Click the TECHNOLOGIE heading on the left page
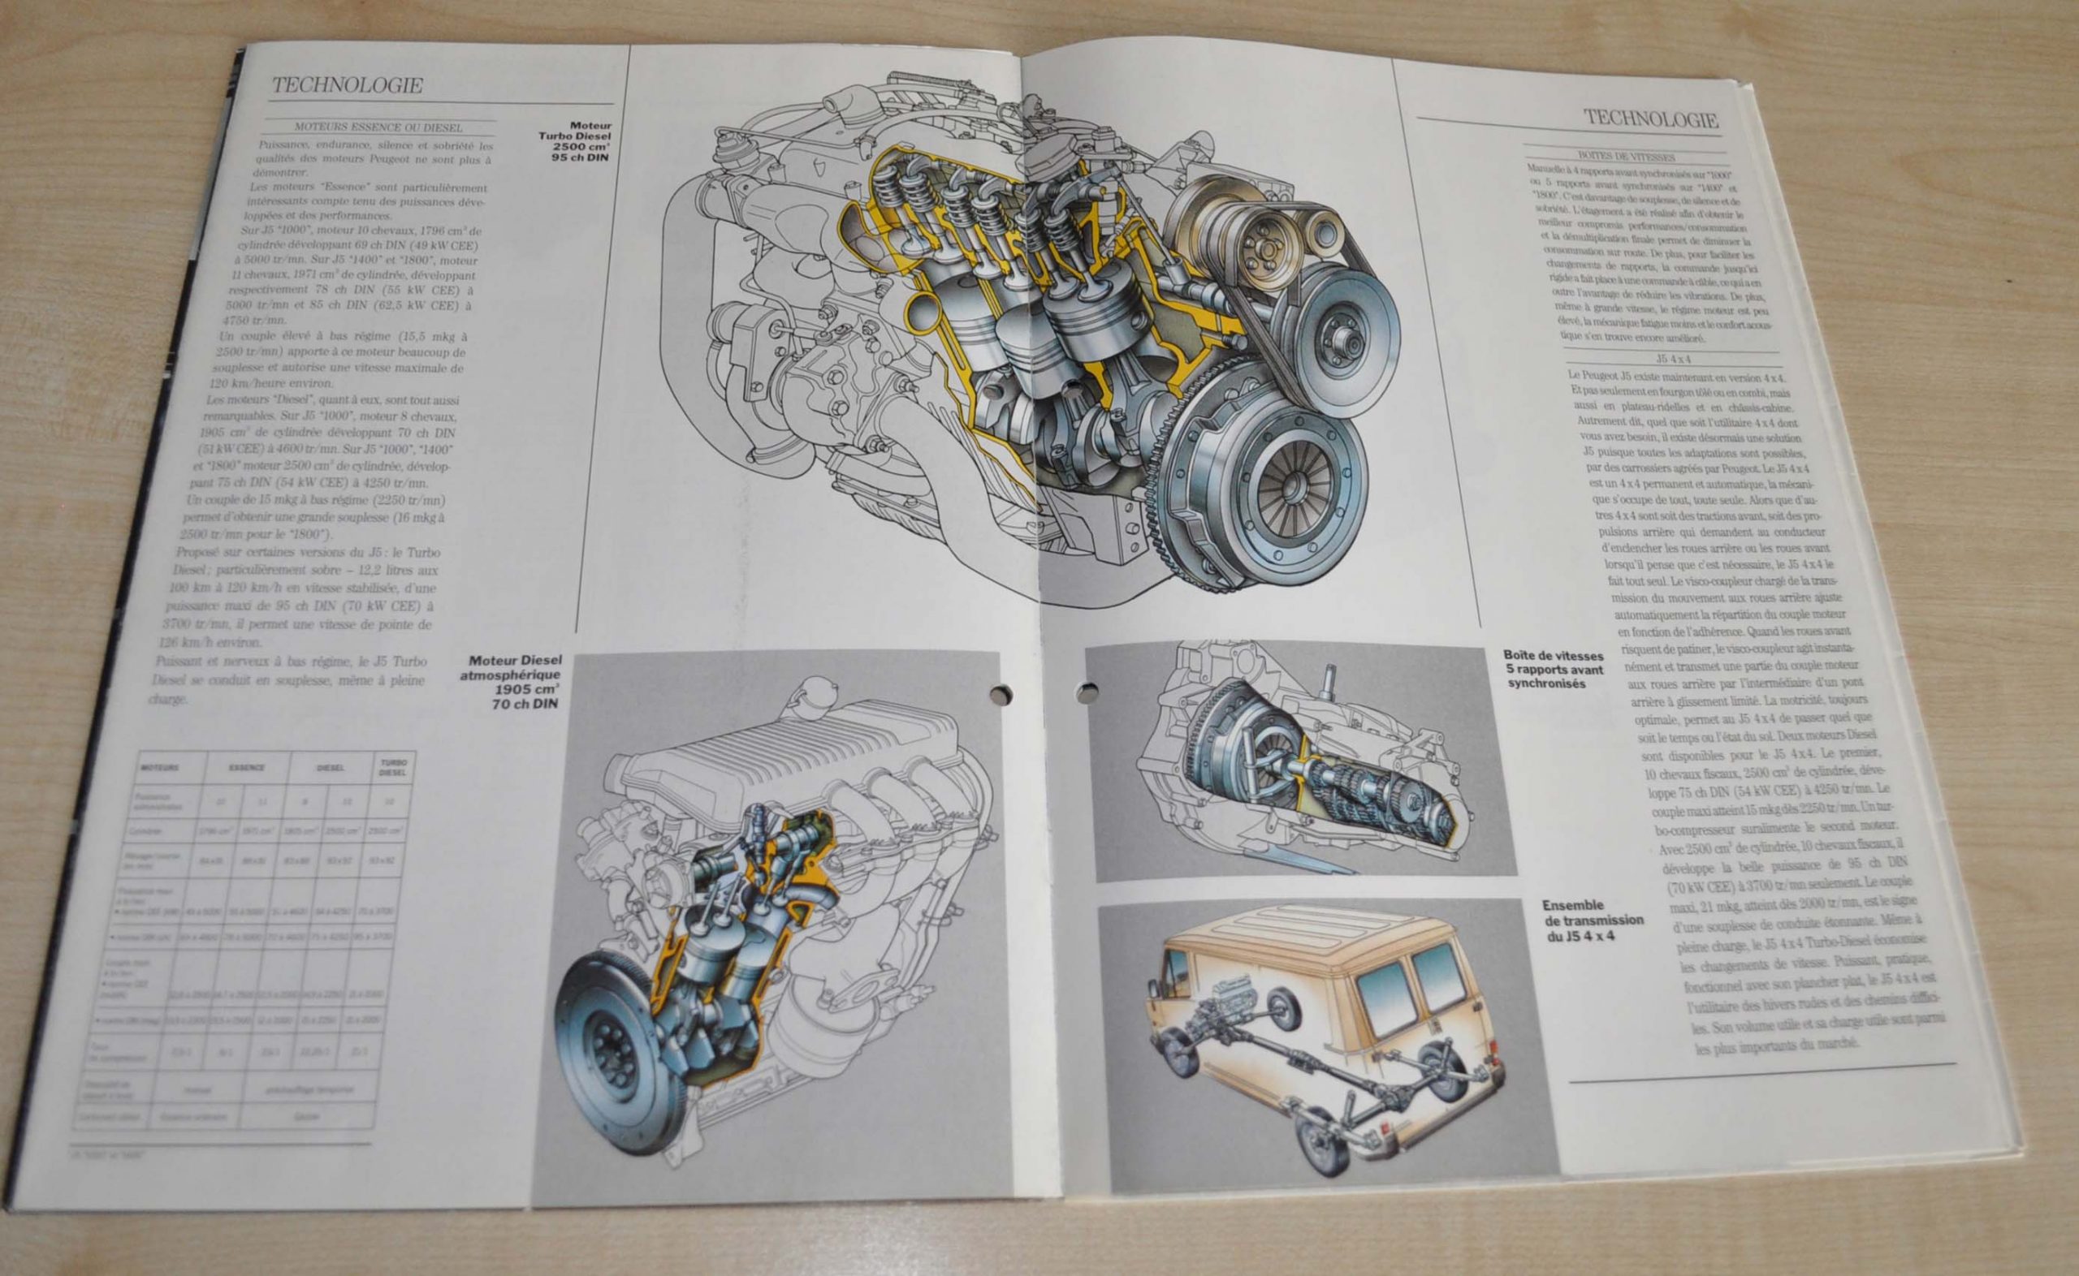tap(347, 85)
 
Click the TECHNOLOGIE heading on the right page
tap(1650, 119)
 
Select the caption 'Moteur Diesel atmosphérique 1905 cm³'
tap(515, 682)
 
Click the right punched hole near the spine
tap(1090, 694)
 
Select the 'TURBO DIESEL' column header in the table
tap(391, 769)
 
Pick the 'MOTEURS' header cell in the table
tap(159, 769)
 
